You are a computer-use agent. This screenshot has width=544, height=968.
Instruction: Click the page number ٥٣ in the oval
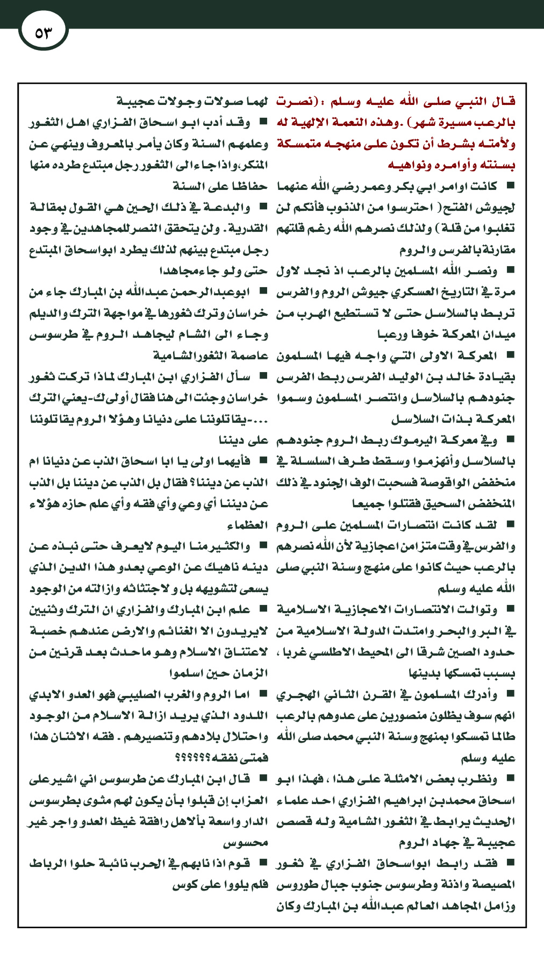pyautogui.click(x=43, y=33)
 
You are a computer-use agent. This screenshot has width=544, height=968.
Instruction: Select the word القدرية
pyautogui.click(x=248, y=229)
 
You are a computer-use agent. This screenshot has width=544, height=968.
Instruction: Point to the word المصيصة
pyautogui.click(x=492, y=885)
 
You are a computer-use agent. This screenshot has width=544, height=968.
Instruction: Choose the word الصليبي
pyautogui.click(x=141, y=695)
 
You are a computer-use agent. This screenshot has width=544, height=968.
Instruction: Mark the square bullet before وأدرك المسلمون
pyautogui.click(x=510, y=694)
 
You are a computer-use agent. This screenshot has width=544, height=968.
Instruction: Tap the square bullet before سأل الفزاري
pyautogui.click(x=263, y=376)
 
